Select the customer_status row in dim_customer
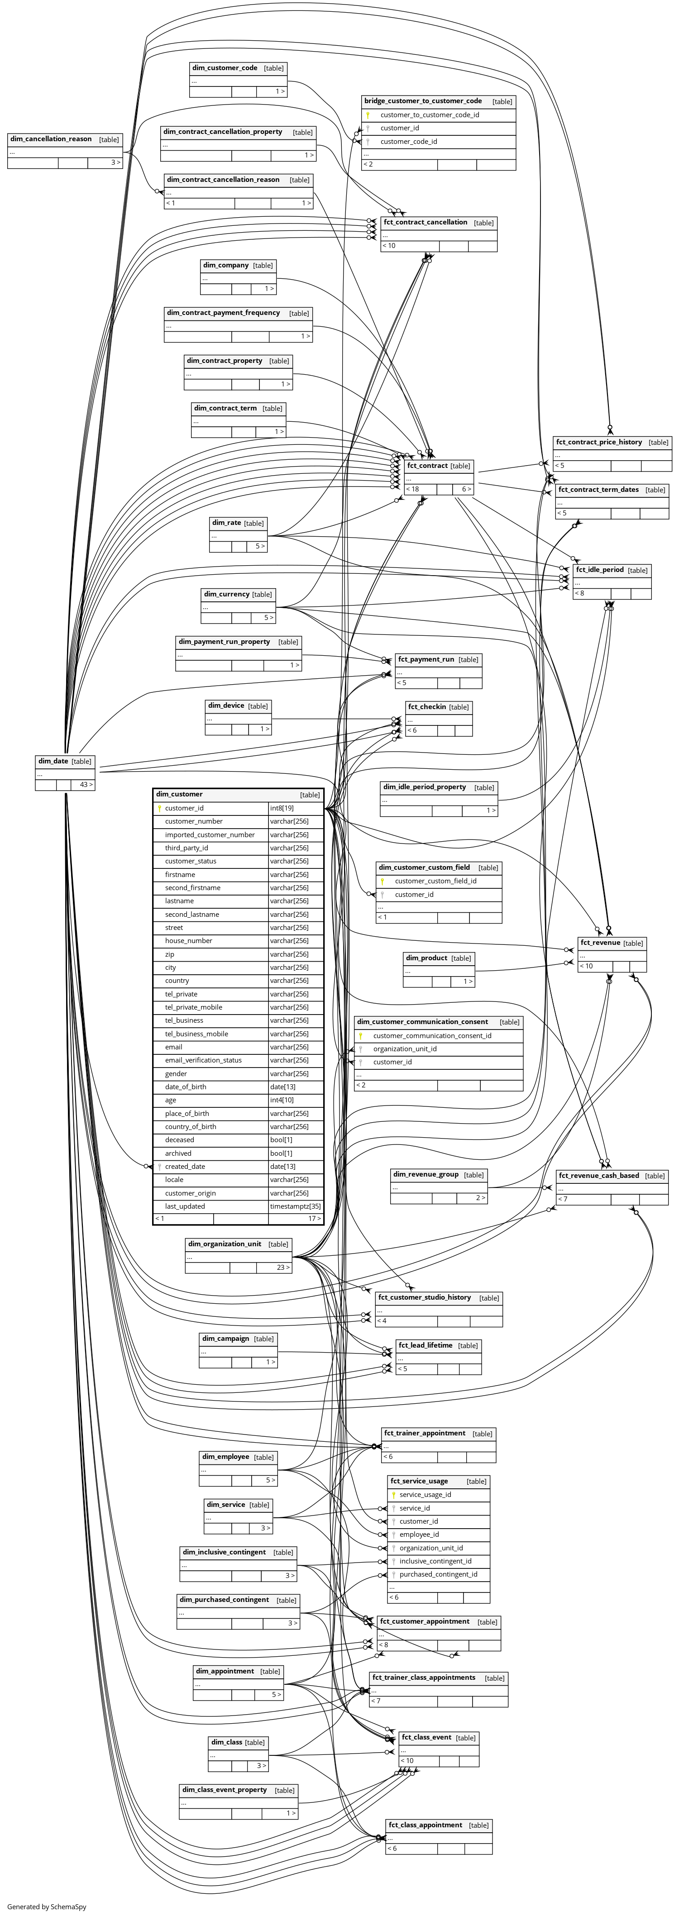tap(191, 861)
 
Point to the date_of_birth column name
tap(186, 1087)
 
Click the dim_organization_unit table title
tap(225, 1244)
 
